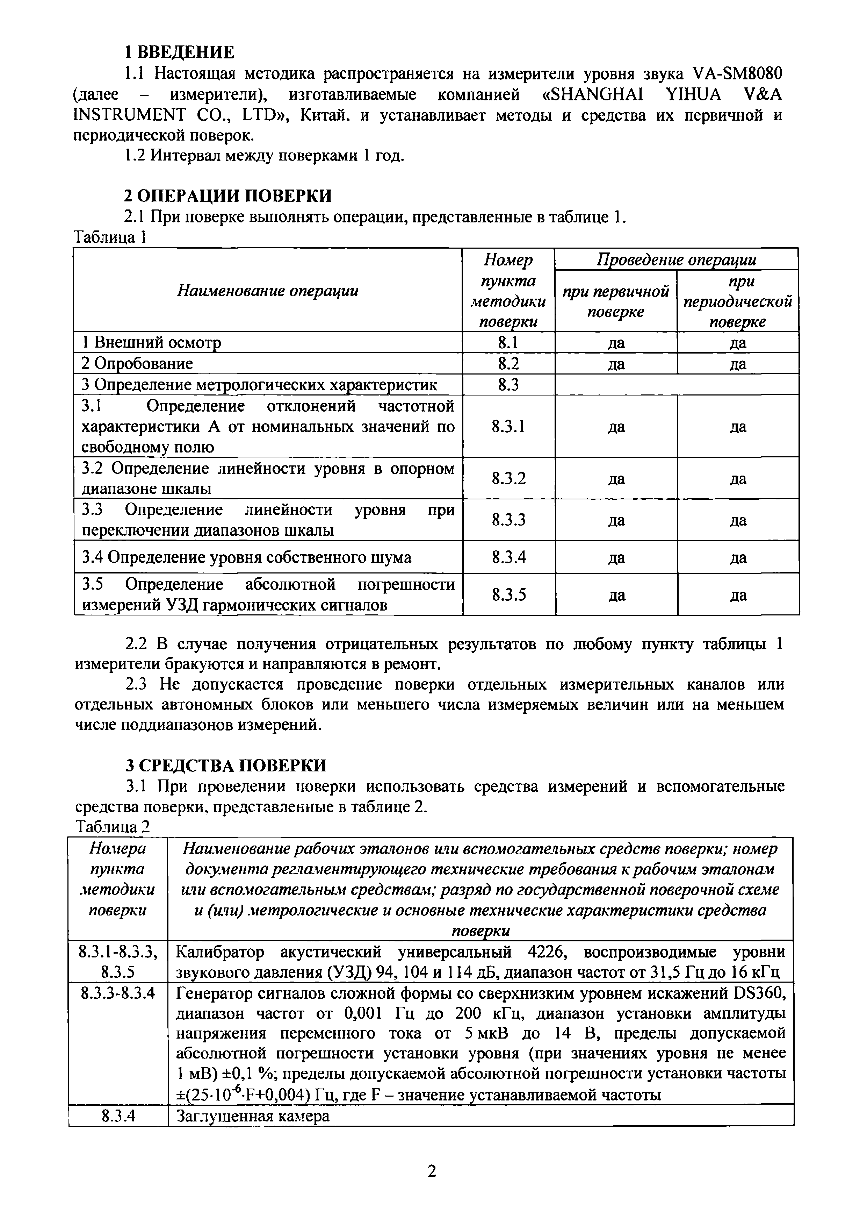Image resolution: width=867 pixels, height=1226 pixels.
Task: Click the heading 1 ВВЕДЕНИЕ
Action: coord(179,52)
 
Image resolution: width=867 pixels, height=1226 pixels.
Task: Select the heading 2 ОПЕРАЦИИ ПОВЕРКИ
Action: coord(228,195)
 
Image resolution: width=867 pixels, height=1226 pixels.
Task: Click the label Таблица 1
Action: coord(109,237)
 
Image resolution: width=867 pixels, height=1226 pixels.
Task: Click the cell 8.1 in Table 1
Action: coord(508,342)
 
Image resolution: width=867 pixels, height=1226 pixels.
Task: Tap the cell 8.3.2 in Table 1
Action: coord(508,478)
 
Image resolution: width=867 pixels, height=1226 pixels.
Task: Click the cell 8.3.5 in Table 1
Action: coord(508,594)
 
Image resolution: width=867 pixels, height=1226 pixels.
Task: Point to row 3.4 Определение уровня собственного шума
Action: coord(247,557)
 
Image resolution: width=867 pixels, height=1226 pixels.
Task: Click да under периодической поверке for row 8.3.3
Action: coord(738,520)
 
